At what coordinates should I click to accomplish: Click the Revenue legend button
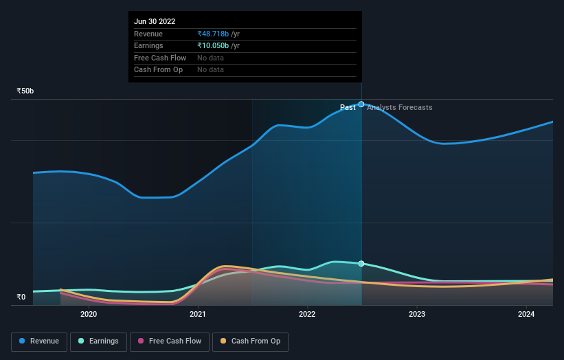(39, 341)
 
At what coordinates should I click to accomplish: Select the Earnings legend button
(98, 341)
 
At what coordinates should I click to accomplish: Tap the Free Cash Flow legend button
(169, 341)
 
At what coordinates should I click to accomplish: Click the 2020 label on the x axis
(89, 315)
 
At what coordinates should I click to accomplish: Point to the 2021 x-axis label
(198, 315)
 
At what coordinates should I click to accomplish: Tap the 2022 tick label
(307, 315)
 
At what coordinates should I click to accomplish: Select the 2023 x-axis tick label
(417, 315)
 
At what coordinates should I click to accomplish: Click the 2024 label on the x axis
(526, 315)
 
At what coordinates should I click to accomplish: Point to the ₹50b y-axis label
(25, 91)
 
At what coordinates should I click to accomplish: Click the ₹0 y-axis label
(21, 297)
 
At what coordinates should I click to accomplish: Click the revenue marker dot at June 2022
(361, 104)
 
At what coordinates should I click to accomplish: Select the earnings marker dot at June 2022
(361, 264)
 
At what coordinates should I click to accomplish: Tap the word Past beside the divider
(348, 108)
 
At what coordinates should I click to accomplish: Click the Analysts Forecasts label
(400, 108)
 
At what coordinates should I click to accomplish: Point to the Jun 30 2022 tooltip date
(155, 21)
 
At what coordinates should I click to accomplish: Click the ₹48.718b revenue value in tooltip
(213, 34)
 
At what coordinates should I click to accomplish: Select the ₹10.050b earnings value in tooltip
(213, 46)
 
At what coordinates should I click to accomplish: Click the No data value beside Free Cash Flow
(210, 58)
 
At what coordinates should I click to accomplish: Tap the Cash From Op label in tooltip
(158, 70)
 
